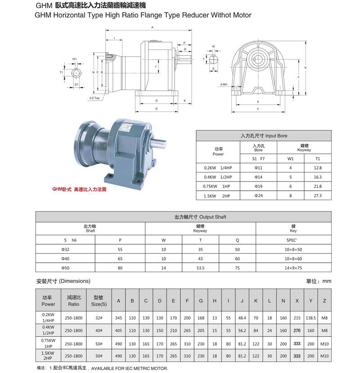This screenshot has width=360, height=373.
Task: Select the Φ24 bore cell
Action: point(258,196)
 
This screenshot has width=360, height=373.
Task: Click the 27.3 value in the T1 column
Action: point(318,196)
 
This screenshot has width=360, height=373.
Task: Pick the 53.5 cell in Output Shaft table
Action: point(200,268)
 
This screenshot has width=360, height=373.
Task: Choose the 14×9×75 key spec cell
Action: point(293,268)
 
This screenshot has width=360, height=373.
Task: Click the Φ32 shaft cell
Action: point(66,249)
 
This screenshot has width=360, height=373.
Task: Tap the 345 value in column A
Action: point(118,318)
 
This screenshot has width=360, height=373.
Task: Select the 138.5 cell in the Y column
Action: point(310,318)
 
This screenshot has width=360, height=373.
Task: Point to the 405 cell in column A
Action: point(118,330)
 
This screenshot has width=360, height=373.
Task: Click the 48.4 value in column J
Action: point(242,318)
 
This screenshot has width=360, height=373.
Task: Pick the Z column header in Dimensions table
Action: point(324,301)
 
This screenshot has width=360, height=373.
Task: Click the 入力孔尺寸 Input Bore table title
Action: point(264,135)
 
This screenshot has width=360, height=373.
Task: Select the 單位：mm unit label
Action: point(319,281)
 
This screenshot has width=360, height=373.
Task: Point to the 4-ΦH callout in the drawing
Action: point(224,84)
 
